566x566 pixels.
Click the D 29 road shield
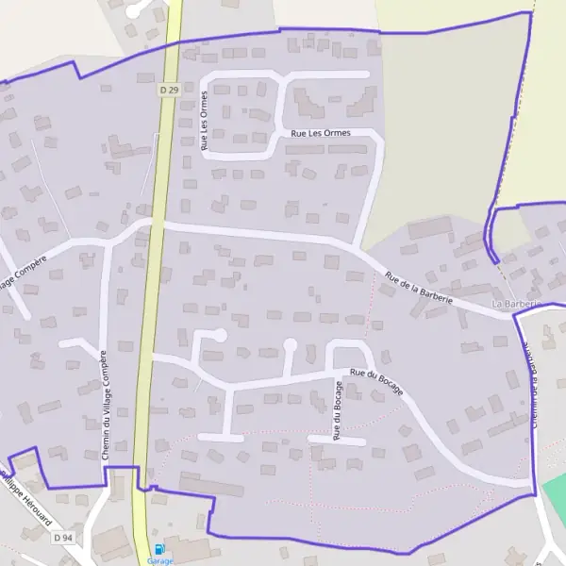169,90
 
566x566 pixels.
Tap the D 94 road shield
63,537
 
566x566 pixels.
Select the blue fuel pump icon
158,549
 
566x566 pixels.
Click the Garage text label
159,560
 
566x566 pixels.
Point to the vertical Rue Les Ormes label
204,122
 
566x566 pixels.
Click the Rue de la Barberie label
419,287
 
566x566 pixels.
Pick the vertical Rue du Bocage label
336,409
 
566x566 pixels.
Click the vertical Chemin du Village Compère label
104,405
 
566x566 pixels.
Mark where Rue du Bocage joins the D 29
148,357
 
